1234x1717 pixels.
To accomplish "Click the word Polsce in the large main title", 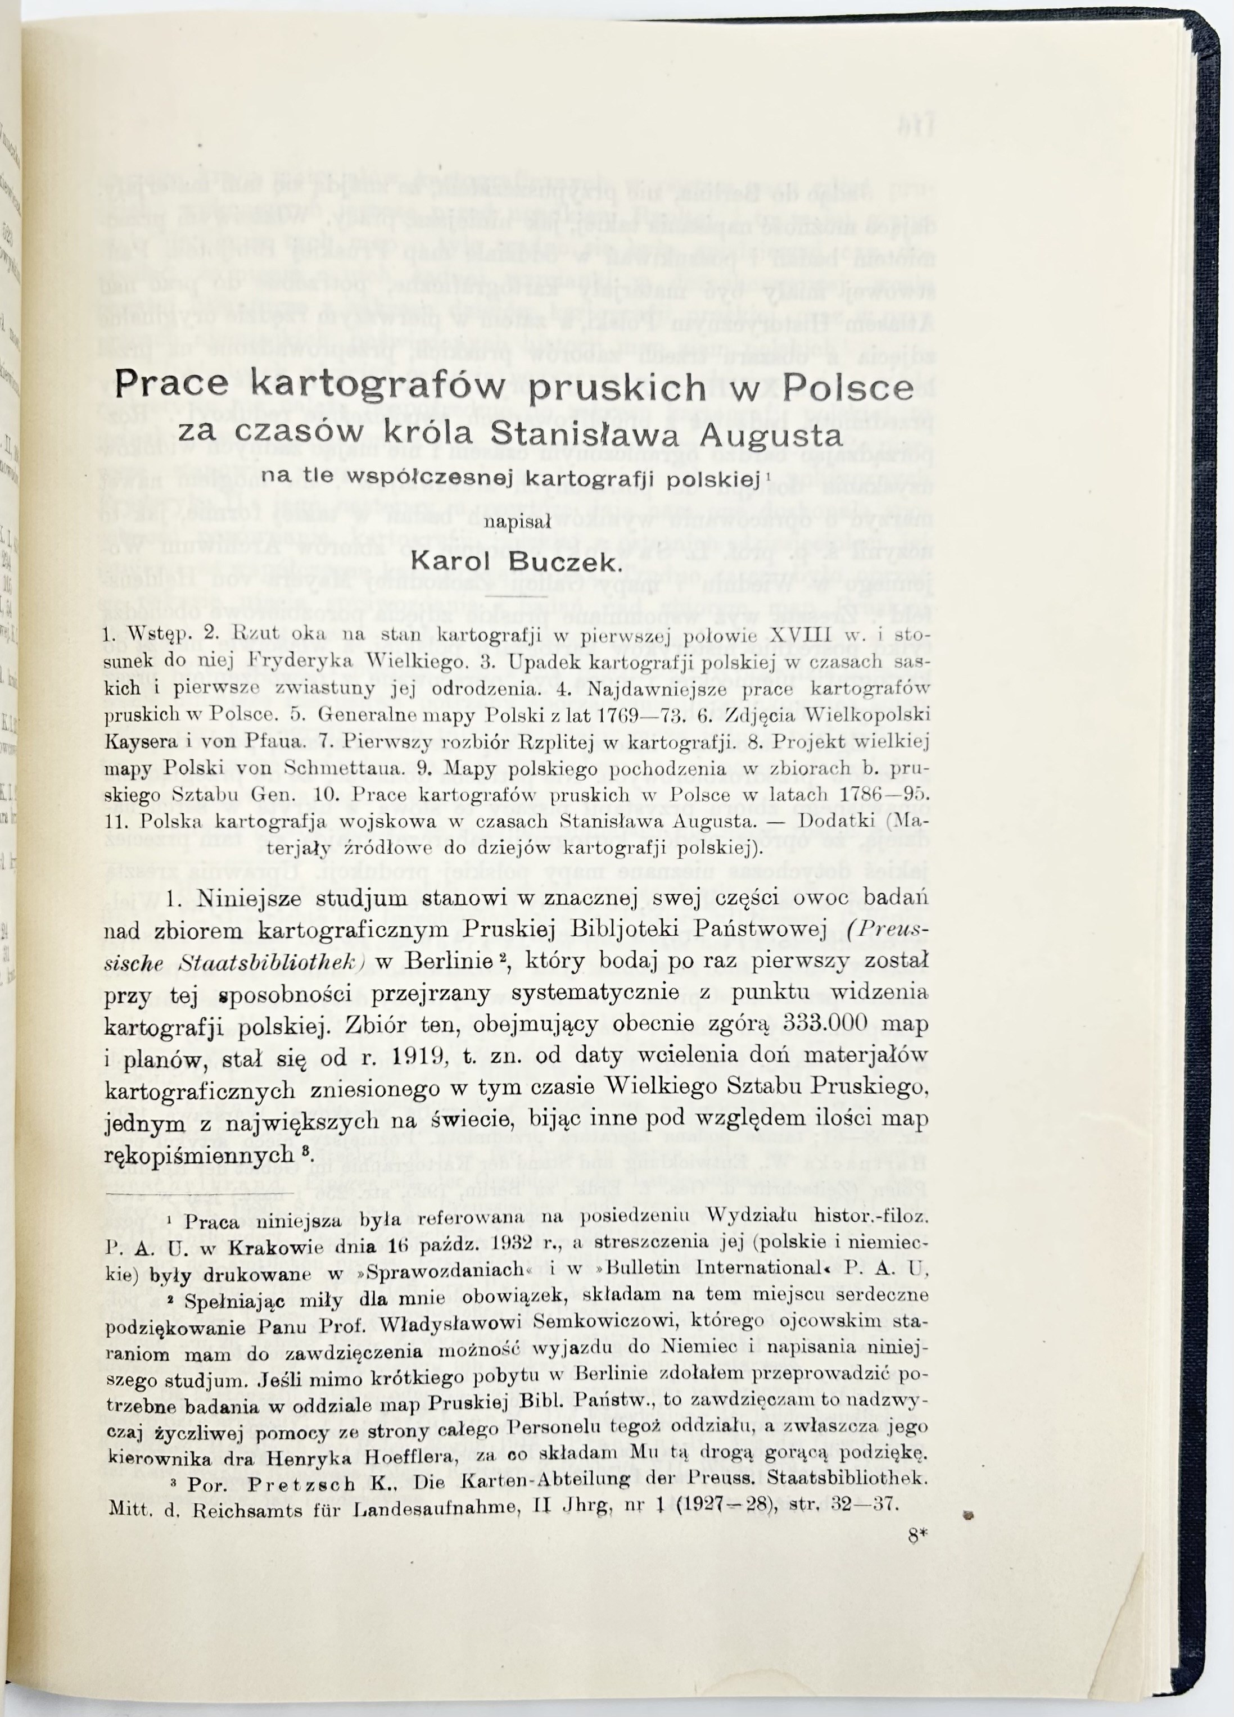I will pos(848,389).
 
